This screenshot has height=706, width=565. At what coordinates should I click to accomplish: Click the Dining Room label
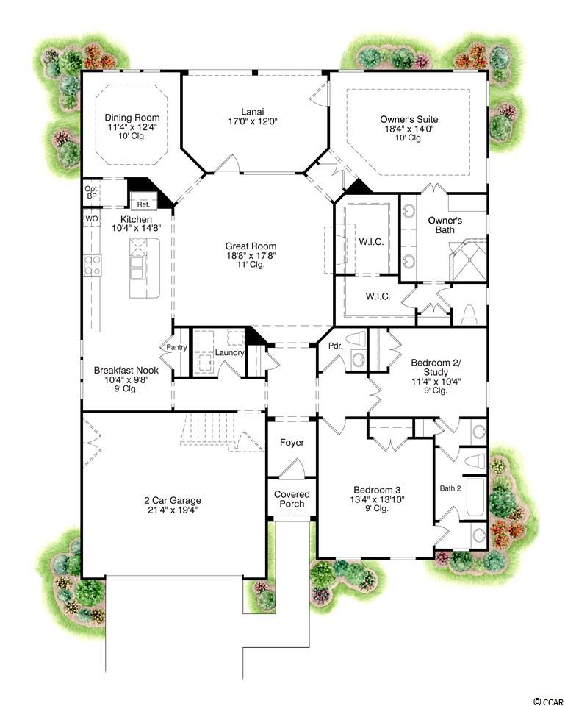pyautogui.click(x=132, y=118)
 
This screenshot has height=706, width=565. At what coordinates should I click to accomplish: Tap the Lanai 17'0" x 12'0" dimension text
pyautogui.click(x=252, y=121)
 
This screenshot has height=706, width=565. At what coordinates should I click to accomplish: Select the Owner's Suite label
pyautogui.click(x=409, y=119)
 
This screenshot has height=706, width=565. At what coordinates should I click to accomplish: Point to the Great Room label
pyautogui.click(x=251, y=246)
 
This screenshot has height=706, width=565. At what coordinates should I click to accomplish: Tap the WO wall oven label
pyautogui.click(x=92, y=219)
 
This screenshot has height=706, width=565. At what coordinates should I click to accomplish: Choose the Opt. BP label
pyautogui.click(x=91, y=192)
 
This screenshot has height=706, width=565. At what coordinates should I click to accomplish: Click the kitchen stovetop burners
pyautogui.click(x=93, y=265)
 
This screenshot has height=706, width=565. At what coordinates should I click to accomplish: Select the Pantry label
pyautogui.click(x=176, y=347)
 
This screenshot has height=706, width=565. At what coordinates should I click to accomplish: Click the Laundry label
pyautogui.click(x=229, y=352)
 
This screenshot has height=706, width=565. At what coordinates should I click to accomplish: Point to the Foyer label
pyautogui.click(x=292, y=442)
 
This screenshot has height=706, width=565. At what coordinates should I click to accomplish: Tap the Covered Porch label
pyautogui.click(x=292, y=499)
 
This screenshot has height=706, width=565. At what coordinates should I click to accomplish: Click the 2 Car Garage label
pyautogui.click(x=172, y=500)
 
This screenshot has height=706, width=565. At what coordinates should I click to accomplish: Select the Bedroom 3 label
pyautogui.click(x=377, y=490)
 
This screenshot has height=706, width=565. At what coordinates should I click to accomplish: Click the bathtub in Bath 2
pyautogui.click(x=475, y=498)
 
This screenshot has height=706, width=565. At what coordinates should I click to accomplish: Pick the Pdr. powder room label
pyautogui.click(x=336, y=346)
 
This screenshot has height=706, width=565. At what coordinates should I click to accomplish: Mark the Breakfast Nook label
pyautogui.click(x=126, y=370)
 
